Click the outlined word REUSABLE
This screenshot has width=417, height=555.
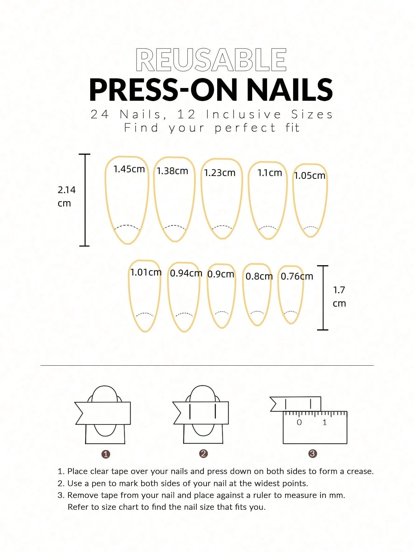211,60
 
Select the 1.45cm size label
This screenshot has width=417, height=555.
129,169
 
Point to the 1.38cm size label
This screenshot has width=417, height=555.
172,171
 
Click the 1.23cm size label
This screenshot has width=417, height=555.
220,173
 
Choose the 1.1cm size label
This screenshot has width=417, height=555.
269,173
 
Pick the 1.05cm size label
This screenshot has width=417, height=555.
310,176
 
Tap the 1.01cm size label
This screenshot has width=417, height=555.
146,272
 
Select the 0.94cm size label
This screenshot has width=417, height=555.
186,273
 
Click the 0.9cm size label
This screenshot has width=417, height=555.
221,274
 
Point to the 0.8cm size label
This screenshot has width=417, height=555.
259,276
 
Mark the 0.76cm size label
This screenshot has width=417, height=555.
297,276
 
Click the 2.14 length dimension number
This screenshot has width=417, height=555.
67,190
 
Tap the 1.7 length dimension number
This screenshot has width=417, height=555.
339,290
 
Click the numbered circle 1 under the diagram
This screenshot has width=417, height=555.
106,454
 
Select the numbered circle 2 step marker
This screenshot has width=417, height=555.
203,454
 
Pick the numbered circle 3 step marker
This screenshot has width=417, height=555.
312,454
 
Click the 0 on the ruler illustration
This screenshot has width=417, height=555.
299,422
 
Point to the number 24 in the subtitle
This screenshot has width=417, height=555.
100,114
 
